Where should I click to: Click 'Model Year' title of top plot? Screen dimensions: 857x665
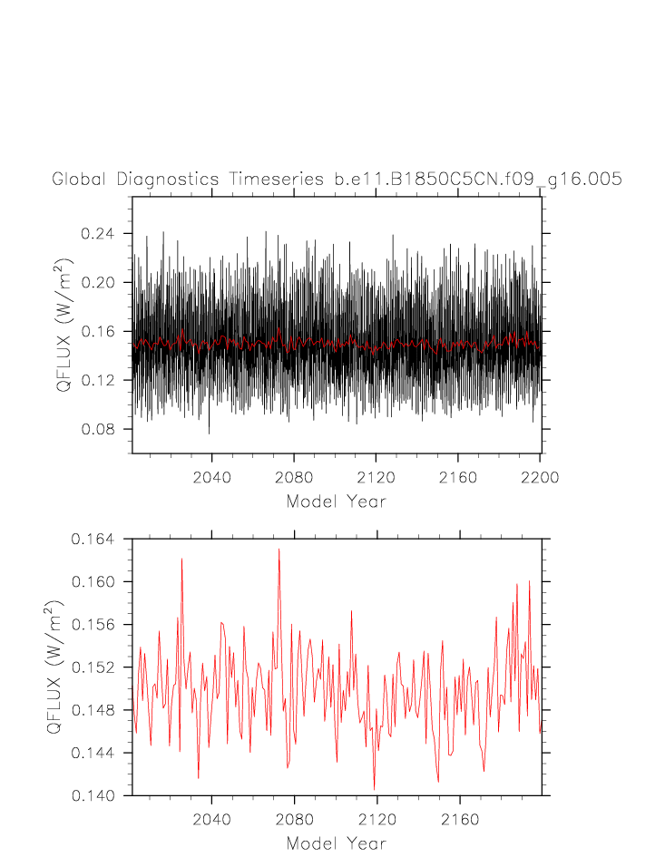(337, 502)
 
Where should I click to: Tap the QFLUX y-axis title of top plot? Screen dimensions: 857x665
(64, 324)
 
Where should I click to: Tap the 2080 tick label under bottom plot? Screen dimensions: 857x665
(294, 819)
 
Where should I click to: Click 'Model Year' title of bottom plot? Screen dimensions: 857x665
(337, 843)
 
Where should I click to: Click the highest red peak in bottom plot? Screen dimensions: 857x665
(279, 549)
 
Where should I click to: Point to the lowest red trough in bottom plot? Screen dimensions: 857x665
(374, 790)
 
